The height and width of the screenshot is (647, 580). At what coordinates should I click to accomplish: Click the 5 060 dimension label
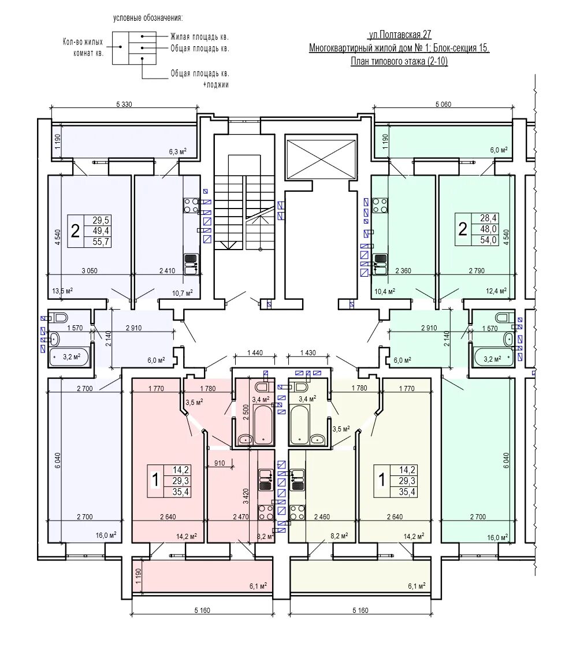443,105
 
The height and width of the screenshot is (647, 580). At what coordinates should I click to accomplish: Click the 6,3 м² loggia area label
177,152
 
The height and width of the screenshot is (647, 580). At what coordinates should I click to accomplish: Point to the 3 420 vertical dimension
246,486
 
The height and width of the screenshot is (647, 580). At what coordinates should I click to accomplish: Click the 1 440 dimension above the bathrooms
255,353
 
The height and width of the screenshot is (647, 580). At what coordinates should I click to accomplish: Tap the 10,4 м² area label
384,292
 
